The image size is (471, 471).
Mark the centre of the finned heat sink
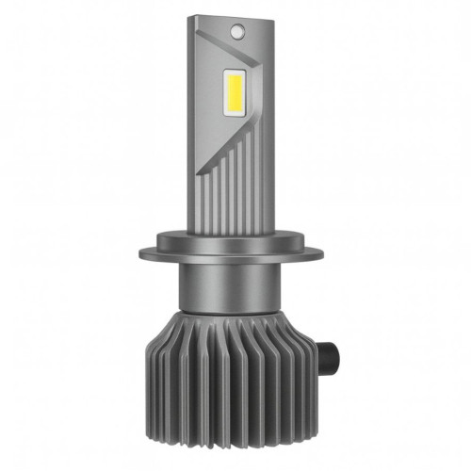pyautogui.click(x=235, y=377)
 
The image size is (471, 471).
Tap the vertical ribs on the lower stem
pyautogui.click(x=240, y=188)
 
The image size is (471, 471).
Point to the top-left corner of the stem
pyautogui.click(x=189, y=17)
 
